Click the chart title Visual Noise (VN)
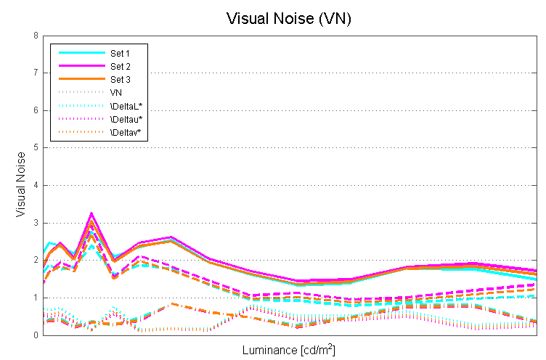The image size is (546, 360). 288,18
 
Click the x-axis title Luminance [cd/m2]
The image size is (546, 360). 288,350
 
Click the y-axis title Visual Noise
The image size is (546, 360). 22,185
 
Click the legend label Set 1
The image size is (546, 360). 120,53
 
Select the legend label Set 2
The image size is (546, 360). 120,66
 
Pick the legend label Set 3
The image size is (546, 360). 120,79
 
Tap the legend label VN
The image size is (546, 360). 115,92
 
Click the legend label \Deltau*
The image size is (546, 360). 126,119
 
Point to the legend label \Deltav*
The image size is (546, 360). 126,132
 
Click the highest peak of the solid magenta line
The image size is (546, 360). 91,213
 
